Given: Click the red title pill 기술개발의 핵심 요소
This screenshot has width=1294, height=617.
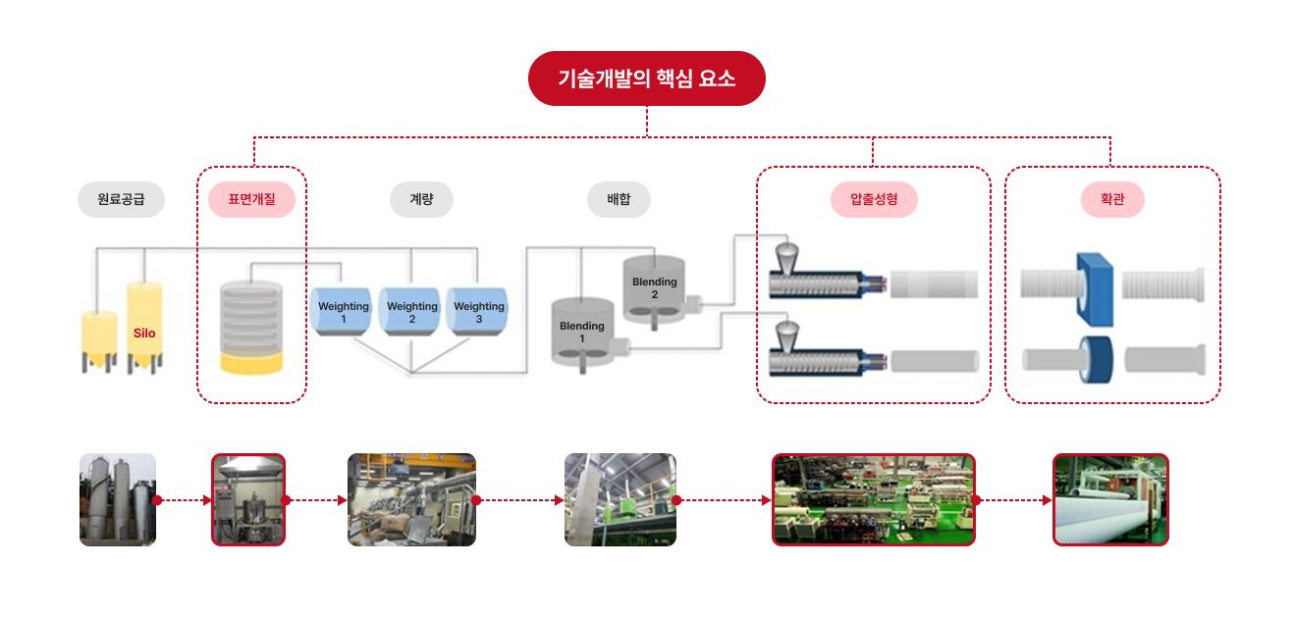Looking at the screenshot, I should click(646, 78).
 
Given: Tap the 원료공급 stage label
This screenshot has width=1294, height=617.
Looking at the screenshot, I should click(121, 199).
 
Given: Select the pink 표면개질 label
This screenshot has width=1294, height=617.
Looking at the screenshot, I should click(251, 199).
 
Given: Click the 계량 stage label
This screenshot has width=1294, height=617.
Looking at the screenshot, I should click(421, 199).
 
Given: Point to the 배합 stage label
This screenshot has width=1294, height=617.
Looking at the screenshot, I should click(619, 199).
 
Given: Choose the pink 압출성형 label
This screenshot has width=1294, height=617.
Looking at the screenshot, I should click(873, 199).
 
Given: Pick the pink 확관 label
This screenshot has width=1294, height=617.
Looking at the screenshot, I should click(1112, 199).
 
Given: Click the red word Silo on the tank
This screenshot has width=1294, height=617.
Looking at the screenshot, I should click(144, 334).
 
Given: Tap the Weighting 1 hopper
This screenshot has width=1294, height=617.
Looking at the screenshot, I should click(343, 311).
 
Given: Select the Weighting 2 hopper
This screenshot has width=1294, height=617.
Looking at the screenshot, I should click(411, 311).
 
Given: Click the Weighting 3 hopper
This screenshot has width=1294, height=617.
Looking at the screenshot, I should click(478, 311).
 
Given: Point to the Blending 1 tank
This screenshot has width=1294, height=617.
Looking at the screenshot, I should click(581, 332).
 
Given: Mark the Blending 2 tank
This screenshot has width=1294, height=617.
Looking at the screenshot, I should click(654, 287).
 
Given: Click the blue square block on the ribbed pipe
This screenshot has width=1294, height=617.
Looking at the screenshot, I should click(1094, 289).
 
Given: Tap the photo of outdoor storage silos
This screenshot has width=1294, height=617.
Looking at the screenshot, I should click(118, 499).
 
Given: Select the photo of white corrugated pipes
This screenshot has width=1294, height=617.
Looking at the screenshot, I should click(1110, 499).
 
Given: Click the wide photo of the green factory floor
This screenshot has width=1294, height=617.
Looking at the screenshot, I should click(873, 499).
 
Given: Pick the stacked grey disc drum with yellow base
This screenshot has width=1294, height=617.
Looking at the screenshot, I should click(251, 327).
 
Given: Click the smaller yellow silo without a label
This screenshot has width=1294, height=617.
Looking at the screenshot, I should click(98, 338).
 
